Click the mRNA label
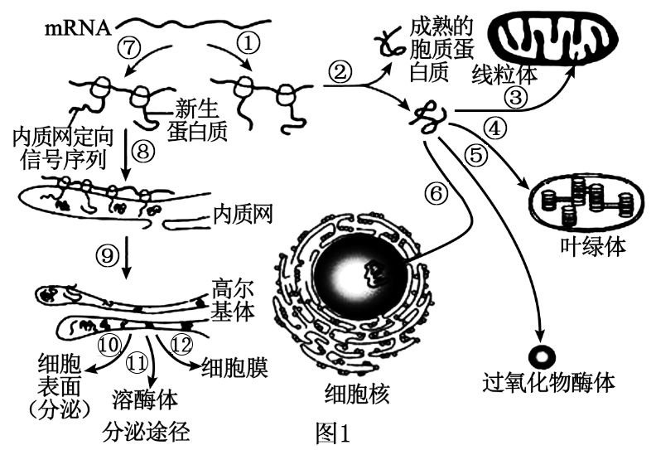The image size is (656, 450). tap(77, 28)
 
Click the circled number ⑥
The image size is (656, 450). tap(437, 192)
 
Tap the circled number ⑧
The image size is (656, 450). tap(144, 151)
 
